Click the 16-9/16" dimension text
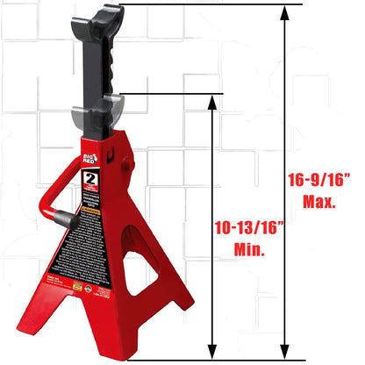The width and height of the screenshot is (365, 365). (x=312, y=182)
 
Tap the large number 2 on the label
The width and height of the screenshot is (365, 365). (x=89, y=182)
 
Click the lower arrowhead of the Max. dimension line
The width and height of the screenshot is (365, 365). (x=283, y=352)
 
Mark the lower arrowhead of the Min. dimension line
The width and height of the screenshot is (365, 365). (x=211, y=352)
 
